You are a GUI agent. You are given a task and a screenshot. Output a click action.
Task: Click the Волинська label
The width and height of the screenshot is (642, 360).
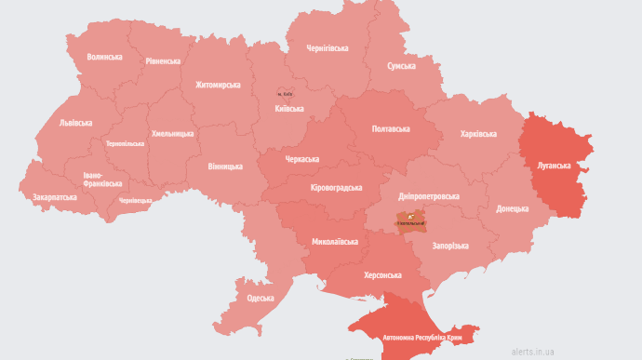click(104, 57)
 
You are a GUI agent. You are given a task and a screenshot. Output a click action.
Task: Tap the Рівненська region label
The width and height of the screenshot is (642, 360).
click(163, 61)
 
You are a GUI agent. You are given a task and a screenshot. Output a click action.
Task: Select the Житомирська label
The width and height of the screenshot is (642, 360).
click(218, 85)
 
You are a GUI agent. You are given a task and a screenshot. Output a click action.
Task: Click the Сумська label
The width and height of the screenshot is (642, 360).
click(401, 67)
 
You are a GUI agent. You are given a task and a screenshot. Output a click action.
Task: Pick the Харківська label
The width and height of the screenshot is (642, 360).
click(478, 134)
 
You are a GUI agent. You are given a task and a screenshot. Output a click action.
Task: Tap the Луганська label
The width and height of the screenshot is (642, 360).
click(554, 165)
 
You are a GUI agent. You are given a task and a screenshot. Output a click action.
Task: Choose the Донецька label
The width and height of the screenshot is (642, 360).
click(512, 209)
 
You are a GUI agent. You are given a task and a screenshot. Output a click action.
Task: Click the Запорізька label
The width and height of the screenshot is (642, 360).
click(450, 246)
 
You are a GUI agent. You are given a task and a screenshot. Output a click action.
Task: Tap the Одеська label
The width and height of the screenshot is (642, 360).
click(260, 298)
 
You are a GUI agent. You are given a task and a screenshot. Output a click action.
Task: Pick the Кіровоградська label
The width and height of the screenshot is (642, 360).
click(336, 188)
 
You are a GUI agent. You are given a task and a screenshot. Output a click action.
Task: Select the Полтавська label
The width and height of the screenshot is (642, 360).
click(390, 128)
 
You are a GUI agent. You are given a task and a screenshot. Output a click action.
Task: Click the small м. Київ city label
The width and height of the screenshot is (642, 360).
click(286, 94)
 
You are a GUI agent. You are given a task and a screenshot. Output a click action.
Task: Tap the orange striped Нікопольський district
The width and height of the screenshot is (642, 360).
click(410, 221)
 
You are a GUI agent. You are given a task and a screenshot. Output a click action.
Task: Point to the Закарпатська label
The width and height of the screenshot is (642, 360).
click(55, 197)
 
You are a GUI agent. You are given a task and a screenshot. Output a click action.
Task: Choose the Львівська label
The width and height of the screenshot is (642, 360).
click(75, 123)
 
